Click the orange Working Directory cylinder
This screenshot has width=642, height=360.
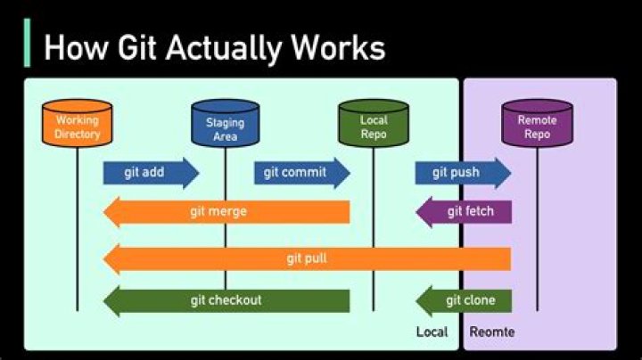(78, 126)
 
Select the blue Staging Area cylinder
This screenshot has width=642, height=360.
(225, 127)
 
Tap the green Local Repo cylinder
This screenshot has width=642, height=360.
(373, 126)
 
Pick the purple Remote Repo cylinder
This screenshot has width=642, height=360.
(536, 126)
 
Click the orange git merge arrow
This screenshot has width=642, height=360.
(226, 212)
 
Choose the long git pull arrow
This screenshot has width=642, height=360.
(307, 258)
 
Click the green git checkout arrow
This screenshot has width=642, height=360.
(226, 300)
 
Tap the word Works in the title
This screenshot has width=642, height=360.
(337, 47)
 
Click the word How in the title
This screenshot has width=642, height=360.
(68, 47)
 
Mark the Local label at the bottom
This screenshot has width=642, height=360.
(432, 332)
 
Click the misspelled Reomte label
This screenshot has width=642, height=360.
(492, 332)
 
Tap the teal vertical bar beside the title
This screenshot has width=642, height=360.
(28, 43)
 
